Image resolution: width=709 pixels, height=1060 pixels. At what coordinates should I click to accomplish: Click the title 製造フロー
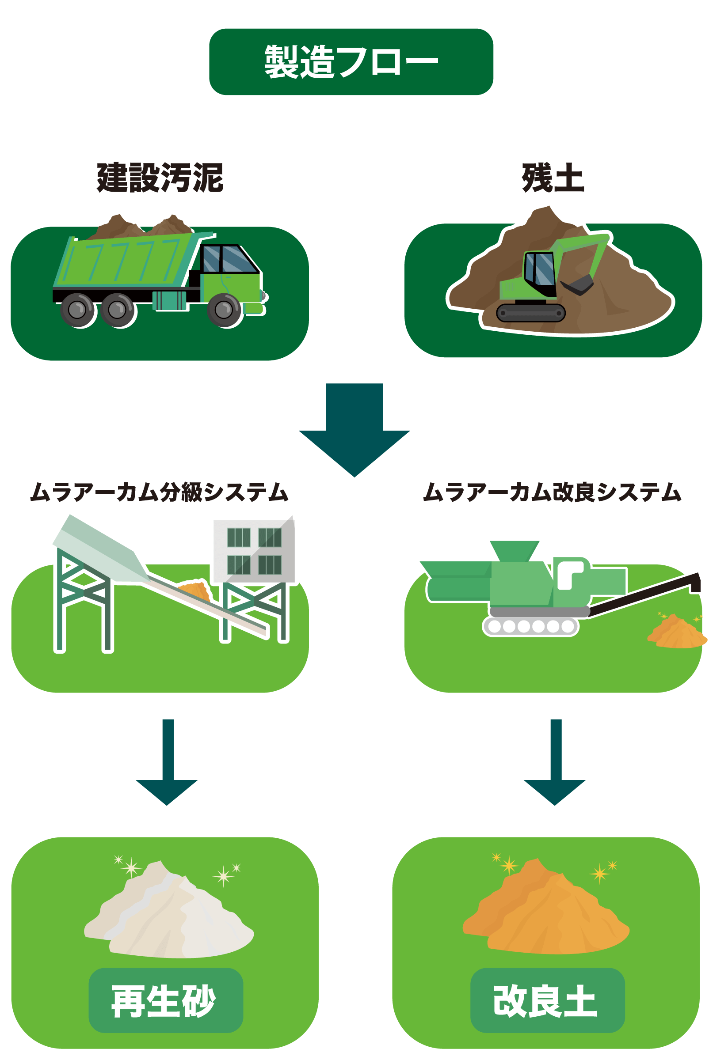click(351, 61)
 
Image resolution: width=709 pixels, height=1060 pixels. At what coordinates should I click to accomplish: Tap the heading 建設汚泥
click(160, 178)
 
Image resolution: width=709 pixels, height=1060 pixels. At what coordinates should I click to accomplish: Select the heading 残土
click(553, 178)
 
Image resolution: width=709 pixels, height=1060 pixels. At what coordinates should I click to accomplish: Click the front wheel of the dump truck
click(224, 310)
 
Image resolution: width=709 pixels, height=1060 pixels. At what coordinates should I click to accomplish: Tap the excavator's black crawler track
click(530, 313)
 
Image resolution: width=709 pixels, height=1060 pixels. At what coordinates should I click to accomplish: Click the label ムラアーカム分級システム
click(159, 492)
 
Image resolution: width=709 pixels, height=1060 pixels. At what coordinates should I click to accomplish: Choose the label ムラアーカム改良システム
click(552, 492)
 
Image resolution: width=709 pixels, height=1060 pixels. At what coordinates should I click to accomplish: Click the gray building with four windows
click(254, 551)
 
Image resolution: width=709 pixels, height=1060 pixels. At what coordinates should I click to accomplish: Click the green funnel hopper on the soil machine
click(515, 551)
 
